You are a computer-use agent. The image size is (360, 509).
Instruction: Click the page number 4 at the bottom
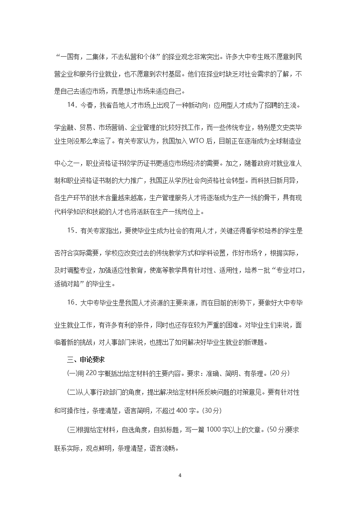(x=180, y=475)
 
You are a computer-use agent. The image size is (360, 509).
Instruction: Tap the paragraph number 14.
(x=72, y=105)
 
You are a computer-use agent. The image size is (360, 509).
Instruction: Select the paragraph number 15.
(x=72, y=231)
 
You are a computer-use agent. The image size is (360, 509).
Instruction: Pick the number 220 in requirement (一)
(x=91, y=373)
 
